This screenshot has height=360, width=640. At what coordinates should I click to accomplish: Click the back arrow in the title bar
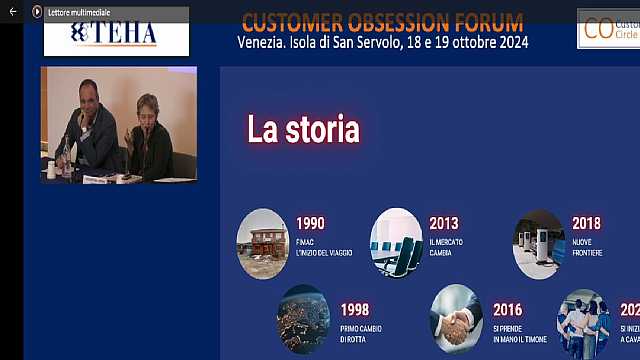(14, 11)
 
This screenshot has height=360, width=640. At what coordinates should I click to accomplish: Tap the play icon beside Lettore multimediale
(37, 11)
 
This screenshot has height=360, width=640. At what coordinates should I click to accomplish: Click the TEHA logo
(116, 33)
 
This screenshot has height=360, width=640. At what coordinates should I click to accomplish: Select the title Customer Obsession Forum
(382, 21)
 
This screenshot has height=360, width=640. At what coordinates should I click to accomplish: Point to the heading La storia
(303, 129)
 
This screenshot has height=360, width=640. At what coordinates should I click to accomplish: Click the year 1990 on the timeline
(310, 223)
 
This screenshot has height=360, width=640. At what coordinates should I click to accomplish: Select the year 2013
(443, 223)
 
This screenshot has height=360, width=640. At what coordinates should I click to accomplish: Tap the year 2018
(586, 223)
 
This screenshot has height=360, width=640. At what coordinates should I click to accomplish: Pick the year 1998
(354, 309)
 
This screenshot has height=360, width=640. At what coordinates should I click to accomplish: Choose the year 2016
(507, 309)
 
